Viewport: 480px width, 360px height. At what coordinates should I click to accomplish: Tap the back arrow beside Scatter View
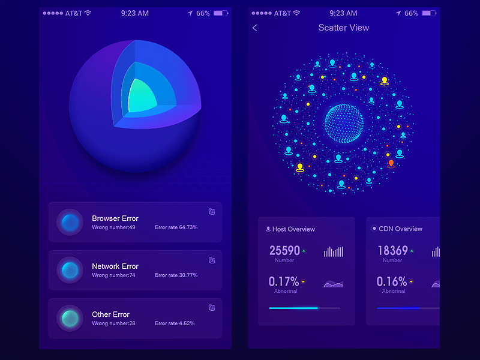(x=255, y=28)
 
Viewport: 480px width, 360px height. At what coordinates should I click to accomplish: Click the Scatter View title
(x=344, y=28)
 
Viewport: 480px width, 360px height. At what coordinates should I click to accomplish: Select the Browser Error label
(x=115, y=218)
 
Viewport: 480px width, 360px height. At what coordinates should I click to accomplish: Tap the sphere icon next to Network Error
(x=70, y=269)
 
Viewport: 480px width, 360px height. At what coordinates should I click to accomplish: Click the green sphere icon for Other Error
(x=70, y=317)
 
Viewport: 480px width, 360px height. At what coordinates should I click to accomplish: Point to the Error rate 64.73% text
(x=176, y=227)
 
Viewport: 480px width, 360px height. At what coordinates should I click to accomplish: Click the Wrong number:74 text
(x=113, y=275)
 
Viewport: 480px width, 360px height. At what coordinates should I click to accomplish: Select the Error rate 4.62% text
(x=175, y=323)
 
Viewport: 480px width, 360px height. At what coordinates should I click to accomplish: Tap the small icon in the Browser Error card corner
(x=212, y=211)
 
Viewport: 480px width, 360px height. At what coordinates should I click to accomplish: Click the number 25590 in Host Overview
(x=284, y=251)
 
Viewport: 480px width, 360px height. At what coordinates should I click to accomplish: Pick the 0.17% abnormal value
(x=284, y=281)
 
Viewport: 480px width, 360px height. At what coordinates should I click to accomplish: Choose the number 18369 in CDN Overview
(x=392, y=251)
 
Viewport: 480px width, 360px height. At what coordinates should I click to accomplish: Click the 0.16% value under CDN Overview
(x=392, y=281)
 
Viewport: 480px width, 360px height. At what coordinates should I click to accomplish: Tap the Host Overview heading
(x=293, y=229)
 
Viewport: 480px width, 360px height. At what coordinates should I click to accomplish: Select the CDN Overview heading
(x=400, y=229)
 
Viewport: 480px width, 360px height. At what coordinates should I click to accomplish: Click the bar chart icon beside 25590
(x=334, y=251)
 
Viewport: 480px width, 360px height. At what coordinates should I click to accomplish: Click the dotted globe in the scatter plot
(x=344, y=123)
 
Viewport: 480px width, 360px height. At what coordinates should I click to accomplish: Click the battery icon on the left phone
(x=220, y=13)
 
